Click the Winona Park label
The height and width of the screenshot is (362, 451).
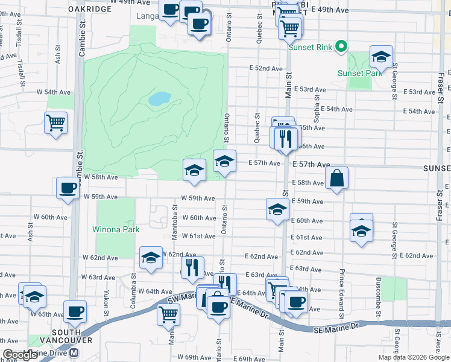(x=116, y=229)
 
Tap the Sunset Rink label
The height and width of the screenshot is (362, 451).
(x=311, y=47)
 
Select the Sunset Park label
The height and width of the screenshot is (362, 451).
(x=360, y=73)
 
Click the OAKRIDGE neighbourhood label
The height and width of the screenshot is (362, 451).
(x=90, y=9)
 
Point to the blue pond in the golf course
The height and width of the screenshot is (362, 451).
(x=160, y=99)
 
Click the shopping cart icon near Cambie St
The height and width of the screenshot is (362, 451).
(x=55, y=123)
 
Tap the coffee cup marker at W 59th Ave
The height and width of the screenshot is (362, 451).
(x=68, y=188)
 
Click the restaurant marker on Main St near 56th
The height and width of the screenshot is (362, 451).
(x=286, y=138)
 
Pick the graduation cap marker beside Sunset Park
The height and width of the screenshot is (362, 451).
(x=380, y=57)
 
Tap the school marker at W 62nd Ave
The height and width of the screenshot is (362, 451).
(x=151, y=258)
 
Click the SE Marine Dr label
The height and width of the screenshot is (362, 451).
(x=336, y=326)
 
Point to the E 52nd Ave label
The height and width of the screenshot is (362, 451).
(x=268, y=69)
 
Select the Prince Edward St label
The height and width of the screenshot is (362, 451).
(x=342, y=294)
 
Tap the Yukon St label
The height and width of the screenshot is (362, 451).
(x=105, y=296)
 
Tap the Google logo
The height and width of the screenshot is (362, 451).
(x=21, y=355)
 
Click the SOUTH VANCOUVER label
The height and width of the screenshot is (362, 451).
(x=71, y=336)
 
